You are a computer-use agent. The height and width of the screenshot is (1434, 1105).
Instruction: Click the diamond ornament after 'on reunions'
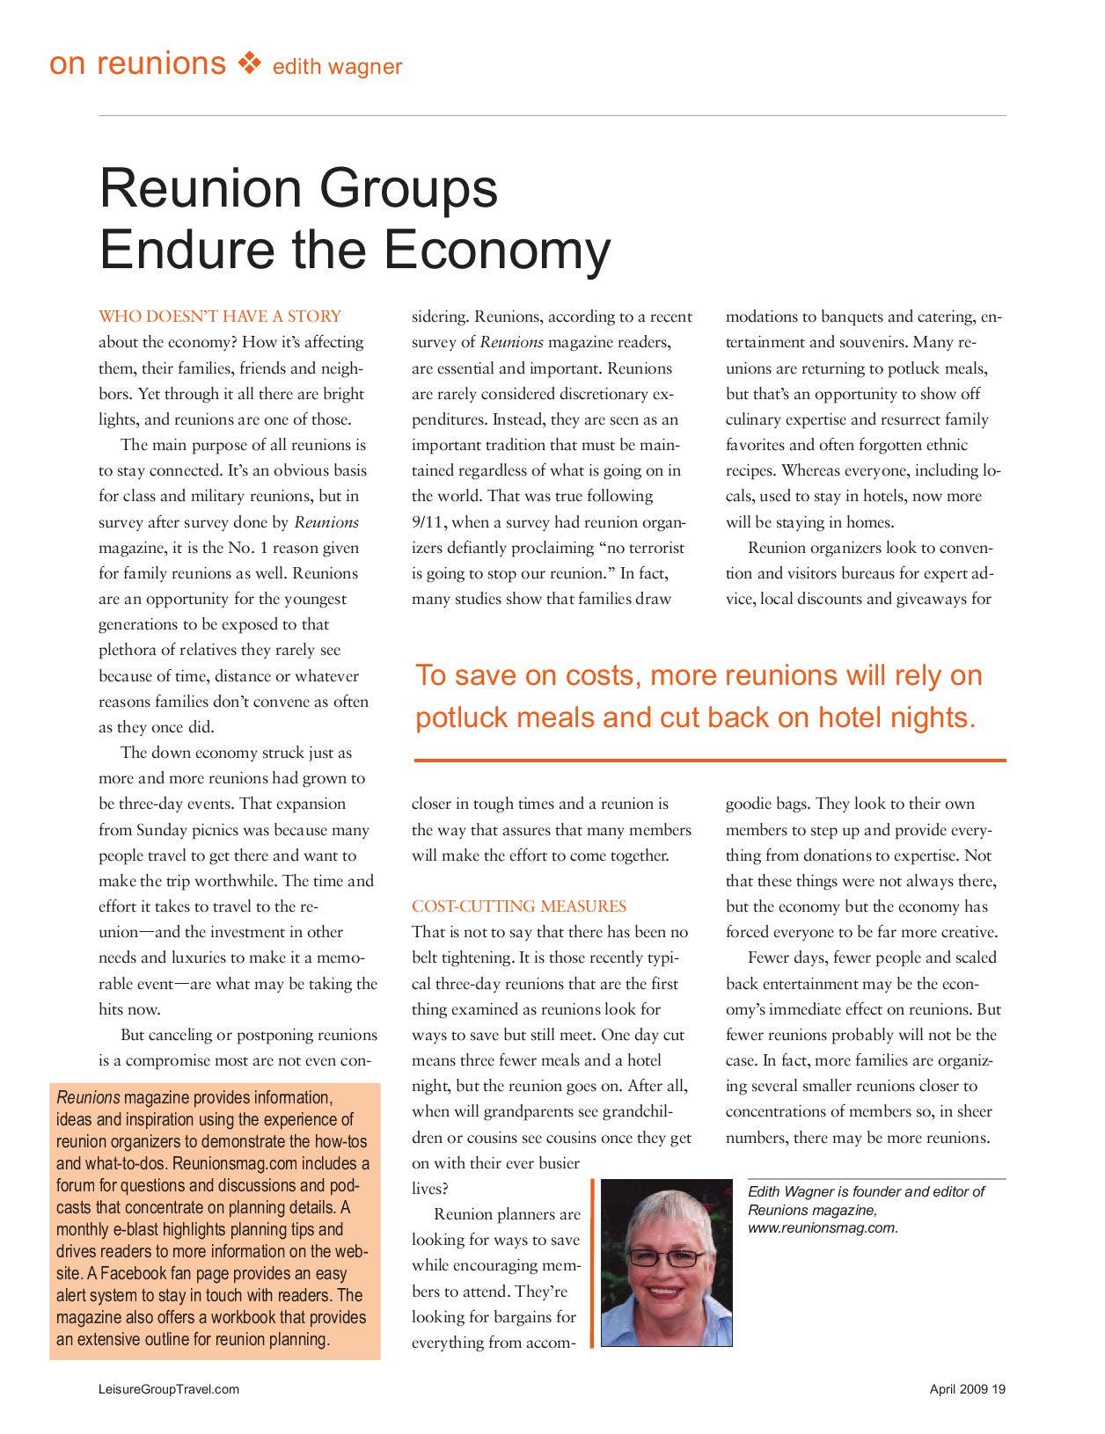250,63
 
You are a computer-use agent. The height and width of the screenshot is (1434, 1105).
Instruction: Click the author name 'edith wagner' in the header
337,67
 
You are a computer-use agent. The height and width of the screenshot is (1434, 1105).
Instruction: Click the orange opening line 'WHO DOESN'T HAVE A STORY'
220,317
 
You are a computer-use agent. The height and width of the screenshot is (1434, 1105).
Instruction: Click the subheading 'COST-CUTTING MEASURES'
519,906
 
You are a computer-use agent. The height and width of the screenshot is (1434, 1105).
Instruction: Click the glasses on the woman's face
665,1258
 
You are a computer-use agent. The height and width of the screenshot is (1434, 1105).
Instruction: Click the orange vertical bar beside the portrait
593,1263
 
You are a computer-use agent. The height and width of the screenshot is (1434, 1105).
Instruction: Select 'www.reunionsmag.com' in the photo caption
823,1228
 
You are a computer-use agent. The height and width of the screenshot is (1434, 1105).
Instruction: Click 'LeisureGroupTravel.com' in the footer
169,1390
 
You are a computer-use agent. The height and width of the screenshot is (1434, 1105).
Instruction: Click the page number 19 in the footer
999,1390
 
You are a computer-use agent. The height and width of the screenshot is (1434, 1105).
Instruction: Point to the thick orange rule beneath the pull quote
709,760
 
